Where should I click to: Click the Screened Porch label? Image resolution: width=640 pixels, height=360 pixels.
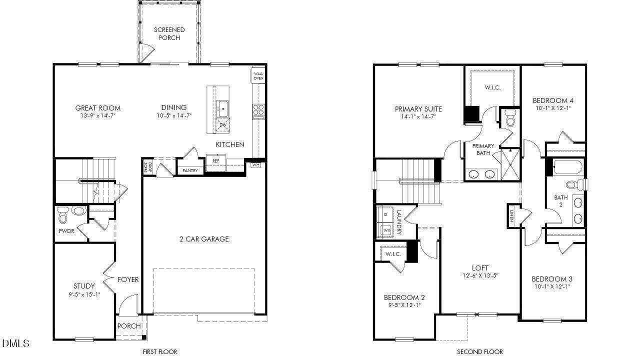(169, 34)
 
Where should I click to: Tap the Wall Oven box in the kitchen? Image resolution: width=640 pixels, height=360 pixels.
(258, 75)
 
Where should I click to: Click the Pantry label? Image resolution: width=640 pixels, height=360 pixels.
(190, 170)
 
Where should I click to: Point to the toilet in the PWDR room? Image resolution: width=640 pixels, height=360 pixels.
(63, 215)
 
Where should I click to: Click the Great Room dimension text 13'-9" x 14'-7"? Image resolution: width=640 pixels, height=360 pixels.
(98, 115)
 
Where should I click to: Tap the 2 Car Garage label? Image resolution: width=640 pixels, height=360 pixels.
(204, 239)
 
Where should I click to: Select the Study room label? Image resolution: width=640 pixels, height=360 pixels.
(84, 286)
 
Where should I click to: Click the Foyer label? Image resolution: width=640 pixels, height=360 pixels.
(128, 279)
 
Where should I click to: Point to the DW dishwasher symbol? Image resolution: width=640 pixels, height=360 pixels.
(222, 125)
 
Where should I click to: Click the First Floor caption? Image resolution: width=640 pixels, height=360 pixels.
(160, 351)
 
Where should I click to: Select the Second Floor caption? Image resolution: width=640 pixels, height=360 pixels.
(480, 351)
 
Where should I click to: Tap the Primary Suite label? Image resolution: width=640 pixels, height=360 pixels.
(418, 109)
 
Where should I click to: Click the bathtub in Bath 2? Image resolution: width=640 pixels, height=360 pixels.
(567, 167)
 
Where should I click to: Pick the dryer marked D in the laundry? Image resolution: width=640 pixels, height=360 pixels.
(385, 214)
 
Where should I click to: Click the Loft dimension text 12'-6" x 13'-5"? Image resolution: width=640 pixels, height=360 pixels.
(480, 275)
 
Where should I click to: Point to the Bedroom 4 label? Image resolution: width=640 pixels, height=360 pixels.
(552, 100)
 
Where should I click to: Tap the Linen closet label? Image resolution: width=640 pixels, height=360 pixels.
(511, 215)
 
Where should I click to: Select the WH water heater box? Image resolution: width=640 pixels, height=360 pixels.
(255, 165)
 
